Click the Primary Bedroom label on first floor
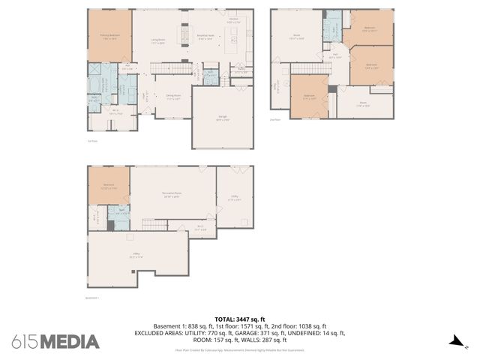pos(109,35)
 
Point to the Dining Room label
pos(173,97)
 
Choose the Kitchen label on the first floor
pos(233,21)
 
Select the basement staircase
pos(154,225)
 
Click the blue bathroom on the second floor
pos(331,31)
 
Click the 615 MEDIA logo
pos(55,341)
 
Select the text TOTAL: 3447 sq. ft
pos(240,319)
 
